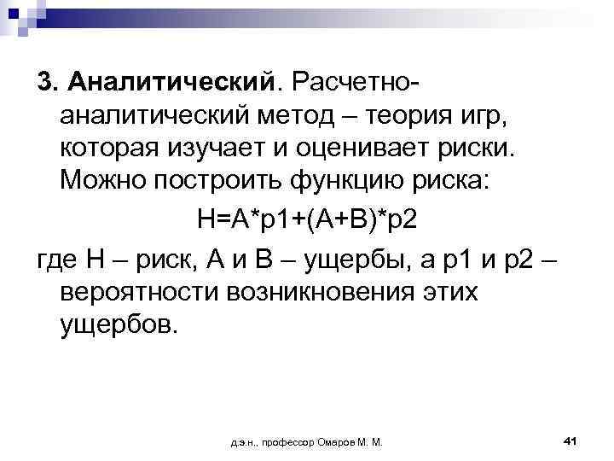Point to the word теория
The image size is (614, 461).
point(408,114)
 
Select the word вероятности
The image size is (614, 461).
point(139,292)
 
